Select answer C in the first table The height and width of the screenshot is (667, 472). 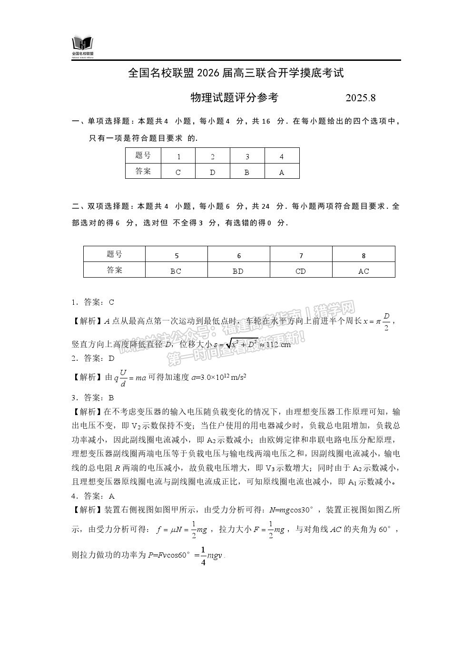click(x=178, y=172)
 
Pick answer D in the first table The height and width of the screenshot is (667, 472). click(x=213, y=172)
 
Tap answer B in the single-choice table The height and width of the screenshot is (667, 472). click(x=247, y=172)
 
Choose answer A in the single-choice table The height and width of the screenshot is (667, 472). click(x=282, y=172)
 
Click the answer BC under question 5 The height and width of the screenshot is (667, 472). click(x=176, y=271)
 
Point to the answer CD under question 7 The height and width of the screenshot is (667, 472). click(x=301, y=271)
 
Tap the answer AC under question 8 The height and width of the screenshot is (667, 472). click(x=364, y=271)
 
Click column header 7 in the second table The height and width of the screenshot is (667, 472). click(x=301, y=256)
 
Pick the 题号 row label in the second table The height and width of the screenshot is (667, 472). click(x=114, y=254)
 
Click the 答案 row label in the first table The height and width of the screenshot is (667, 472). click(x=143, y=171)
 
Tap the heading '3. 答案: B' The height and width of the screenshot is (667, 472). click(x=93, y=397)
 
